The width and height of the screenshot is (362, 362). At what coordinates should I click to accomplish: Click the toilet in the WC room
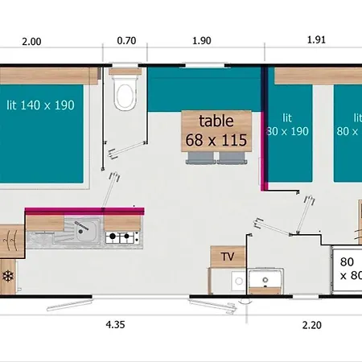point(125,95)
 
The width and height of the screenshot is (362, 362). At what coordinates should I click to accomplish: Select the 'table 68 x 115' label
point(216,130)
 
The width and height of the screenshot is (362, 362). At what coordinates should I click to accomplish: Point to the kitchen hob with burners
point(121,237)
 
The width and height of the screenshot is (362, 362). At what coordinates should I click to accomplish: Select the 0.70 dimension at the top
point(126,41)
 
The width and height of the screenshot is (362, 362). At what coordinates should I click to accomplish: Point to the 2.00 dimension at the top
point(31,41)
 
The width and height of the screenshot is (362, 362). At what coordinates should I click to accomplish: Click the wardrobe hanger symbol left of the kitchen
point(9,239)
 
